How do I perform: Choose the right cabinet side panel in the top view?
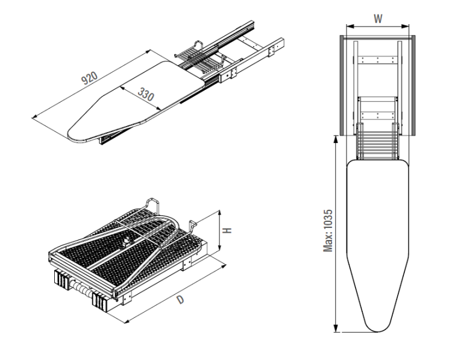click(x=412, y=84)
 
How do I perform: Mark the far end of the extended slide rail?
click(x=278, y=45)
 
